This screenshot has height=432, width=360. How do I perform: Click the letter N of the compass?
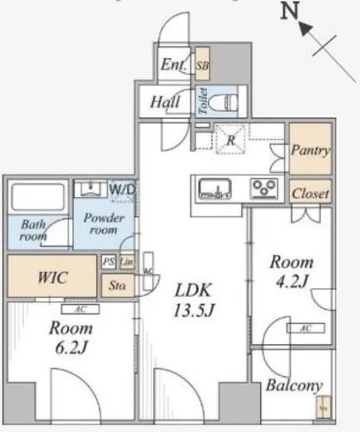(289, 12)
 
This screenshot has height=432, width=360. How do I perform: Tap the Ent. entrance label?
(173, 66)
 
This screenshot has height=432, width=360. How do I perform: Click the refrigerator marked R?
(229, 140)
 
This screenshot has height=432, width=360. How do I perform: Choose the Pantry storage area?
(310, 150)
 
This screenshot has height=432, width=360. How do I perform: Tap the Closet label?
(310, 192)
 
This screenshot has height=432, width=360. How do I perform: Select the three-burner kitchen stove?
(266, 189)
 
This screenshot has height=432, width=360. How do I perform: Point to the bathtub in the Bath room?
(38, 198)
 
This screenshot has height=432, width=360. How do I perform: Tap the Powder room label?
(104, 223)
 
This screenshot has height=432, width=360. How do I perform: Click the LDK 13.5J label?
(193, 300)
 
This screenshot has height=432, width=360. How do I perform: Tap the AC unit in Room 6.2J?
(79, 310)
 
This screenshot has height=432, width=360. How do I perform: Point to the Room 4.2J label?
(290, 272)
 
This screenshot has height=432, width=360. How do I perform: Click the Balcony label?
(294, 385)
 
